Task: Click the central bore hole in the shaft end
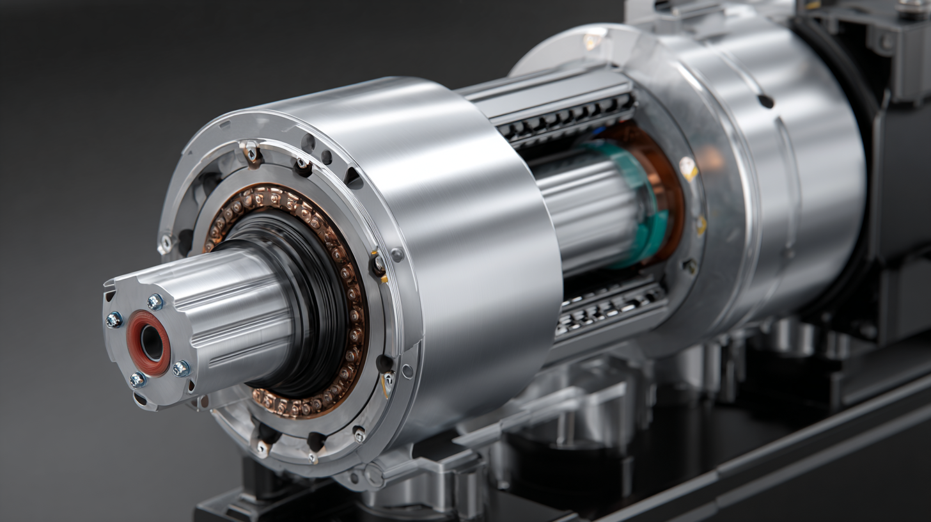[152, 343]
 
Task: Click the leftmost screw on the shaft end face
[114, 319]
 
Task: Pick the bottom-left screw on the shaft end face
[137, 380]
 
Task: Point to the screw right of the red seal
[181, 368]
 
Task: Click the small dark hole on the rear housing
[765, 101]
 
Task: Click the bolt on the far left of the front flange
[166, 242]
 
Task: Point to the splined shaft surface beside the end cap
[237, 307]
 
